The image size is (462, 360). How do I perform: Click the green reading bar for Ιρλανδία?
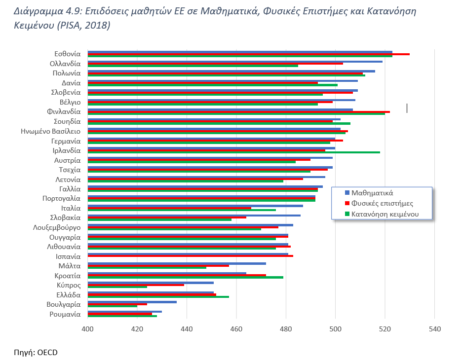(x=233, y=152)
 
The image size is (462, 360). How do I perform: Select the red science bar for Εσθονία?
(x=248, y=54)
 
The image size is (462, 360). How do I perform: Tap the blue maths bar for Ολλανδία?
(x=235, y=61)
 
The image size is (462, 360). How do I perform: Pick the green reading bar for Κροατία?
(x=185, y=277)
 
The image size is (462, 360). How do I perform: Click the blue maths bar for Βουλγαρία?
(x=132, y=302)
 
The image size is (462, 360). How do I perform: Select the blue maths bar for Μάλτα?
(x=177, y=263)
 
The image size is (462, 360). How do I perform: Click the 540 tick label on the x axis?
(x=434, y=329)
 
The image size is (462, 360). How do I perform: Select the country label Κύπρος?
(x=69, y=285)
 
